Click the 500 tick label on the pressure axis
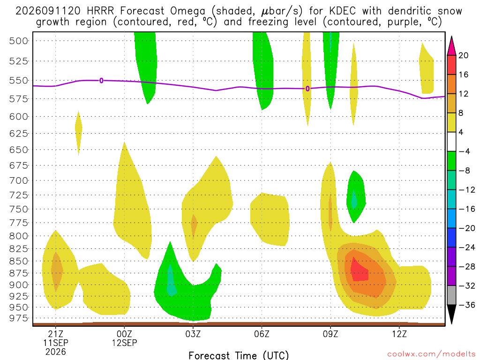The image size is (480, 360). [18, 41]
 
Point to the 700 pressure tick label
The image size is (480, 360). [18, 180]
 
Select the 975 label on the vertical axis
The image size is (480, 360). [18, 318]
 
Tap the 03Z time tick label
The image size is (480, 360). [193, 334]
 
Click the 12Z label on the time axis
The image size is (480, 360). [399, 334]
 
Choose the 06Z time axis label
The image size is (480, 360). [262, 334]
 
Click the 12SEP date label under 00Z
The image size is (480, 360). [124, 343]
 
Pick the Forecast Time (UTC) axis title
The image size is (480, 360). [239, 355]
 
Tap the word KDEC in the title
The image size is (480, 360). [343, 11]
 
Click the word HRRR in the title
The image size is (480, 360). [100, 11]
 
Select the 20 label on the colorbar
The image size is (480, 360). [463, 55]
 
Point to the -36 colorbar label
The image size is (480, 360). [467, 305]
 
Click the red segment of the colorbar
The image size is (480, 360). [451, 65]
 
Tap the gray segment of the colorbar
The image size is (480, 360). [451, 295]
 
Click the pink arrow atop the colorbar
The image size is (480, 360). [451, 46]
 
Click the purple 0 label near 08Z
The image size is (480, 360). [307, 89]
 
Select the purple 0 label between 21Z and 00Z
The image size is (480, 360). [101, 81]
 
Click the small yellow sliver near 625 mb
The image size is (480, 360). [79, 133]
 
